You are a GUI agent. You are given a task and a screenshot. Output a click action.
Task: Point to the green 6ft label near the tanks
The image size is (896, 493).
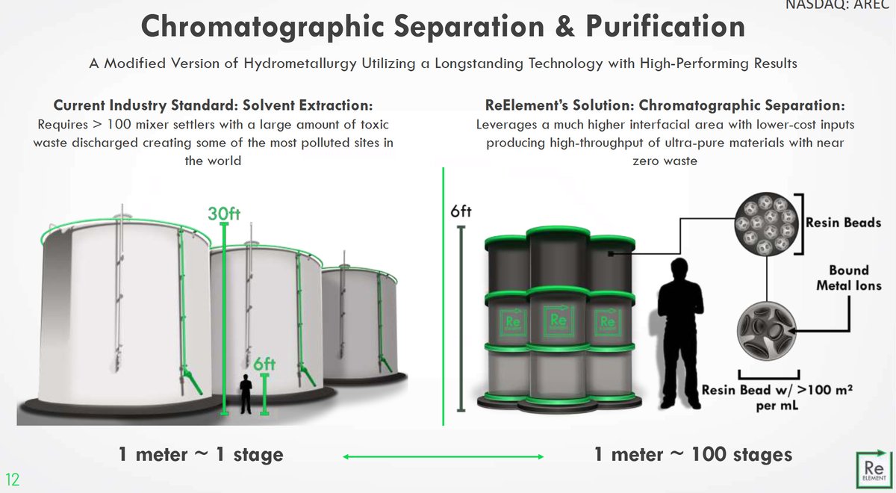tap(265, 365)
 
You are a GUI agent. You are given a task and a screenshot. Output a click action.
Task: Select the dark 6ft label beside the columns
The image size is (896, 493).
tap(461, 211)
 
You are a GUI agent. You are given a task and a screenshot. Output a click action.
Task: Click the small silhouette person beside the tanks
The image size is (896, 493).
tap(245, 394)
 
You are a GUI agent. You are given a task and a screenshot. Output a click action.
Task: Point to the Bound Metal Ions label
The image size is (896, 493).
tap(848, 278)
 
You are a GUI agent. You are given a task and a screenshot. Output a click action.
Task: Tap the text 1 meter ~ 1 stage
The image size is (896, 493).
tap(200, 453)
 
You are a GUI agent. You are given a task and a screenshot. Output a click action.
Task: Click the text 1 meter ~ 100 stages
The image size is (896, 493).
tap(693, 453)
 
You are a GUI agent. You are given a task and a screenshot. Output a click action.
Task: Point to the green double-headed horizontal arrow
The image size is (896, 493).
tap(444, 456)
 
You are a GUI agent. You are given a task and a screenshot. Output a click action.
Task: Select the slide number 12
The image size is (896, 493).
tap(13, 477)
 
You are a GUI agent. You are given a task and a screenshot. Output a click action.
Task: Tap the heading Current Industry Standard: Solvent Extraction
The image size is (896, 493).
tap(213, 105)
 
